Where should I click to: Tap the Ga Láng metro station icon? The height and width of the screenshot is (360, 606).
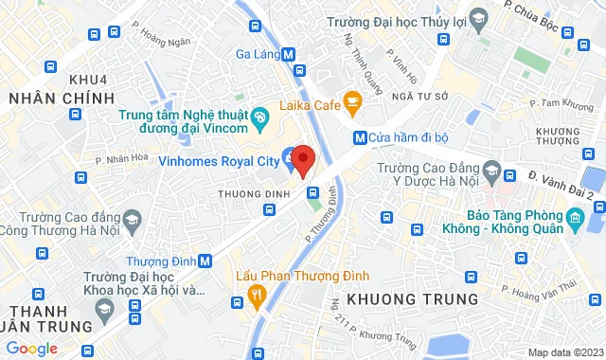[288, 54]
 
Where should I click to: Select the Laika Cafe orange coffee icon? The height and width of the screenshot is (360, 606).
[351, 100]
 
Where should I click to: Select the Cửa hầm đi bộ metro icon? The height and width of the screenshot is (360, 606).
[360, 136]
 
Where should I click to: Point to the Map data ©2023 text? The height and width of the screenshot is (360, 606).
[564, 352]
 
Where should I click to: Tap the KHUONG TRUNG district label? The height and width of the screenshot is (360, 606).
[413, 299]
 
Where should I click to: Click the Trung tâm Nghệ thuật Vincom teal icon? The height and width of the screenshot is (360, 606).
[261, 117]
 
